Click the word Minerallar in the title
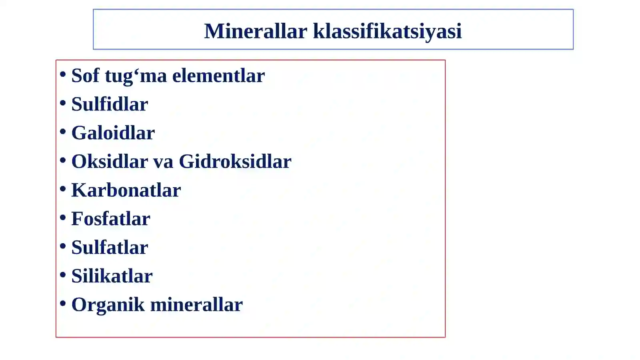click(255, 31)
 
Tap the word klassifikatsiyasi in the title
click(387, 31)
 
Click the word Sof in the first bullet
click(85, 76)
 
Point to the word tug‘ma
click(136, 76)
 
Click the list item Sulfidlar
click(110, 104)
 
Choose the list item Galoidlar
click(113, 133)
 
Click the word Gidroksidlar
click(235, 162)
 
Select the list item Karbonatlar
click(126, 190)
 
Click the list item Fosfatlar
click(111, 219)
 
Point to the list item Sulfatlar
click(110, 248)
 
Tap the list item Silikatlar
click(112, 276)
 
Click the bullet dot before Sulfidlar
click(63, 103)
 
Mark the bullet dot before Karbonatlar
click(63, 189)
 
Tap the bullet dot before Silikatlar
click(63, 275)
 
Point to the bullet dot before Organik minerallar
click(63, 304)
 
